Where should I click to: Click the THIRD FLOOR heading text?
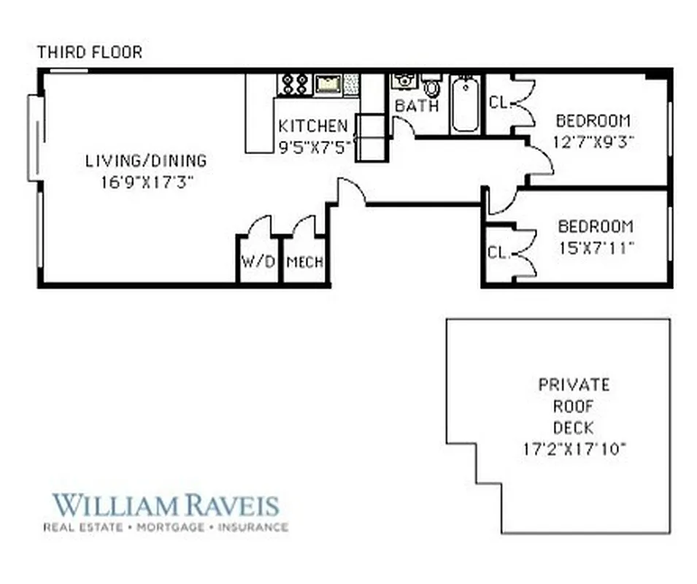(89, 53)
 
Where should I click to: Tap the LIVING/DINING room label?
(146, 161)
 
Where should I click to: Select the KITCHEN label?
(312, 126)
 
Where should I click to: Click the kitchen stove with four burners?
(294, 83)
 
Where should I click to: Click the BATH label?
(417, 107)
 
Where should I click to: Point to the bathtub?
(464, 104)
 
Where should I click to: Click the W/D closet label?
(258, 261)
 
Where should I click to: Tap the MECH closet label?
(305, 261)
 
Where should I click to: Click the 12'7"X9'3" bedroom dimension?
(592, 142)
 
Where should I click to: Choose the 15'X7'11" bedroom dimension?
(596, 247)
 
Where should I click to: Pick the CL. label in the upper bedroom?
(498, 103)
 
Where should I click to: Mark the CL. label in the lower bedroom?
(498, 253)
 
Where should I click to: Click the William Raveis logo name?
(166, 504)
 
